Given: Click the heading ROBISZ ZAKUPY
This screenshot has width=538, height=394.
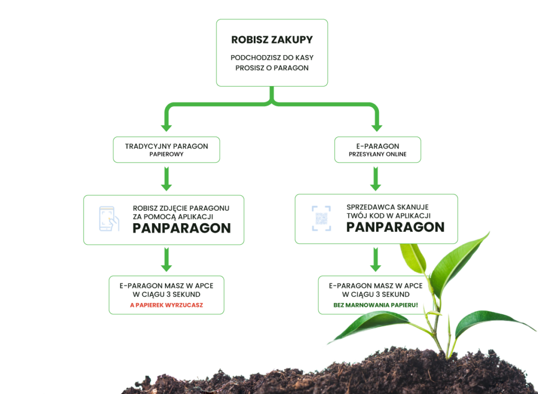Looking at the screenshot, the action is [x=272, y=40].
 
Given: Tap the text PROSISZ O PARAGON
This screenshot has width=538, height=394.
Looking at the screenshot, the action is [x=272, y=68].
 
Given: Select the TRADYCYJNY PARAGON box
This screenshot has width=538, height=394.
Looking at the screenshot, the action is [x=167, y=150].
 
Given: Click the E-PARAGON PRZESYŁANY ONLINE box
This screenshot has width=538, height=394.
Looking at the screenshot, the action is [x=377, y=150].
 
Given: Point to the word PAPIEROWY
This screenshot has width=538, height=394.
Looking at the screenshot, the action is [x=167, y=154].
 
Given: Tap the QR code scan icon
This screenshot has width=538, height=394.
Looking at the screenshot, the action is [x=322, y=219].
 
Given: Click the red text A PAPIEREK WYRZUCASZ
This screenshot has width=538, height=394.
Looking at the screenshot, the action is [x=167, y=305].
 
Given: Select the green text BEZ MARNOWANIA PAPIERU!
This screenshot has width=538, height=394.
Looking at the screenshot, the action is [x=376, y=305].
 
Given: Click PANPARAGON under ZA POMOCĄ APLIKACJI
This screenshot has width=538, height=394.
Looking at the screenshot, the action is [x=181, y=228].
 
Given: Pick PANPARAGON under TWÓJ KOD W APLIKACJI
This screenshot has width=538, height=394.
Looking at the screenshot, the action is [x=395, y=227].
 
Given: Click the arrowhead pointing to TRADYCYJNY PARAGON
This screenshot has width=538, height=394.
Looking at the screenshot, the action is [x=167, y=127].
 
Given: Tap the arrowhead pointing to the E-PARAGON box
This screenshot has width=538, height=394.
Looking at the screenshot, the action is [x=377, y=127].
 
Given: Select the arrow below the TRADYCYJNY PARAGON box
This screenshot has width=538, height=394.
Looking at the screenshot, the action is [x=167, y=179].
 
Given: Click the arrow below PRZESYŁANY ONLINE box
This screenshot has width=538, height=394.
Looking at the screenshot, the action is [x=376, y=179].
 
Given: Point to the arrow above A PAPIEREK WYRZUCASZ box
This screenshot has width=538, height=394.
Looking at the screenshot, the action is [x=167, y=260].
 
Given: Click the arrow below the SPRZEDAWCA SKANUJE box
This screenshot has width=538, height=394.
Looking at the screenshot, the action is [x=376, y=260].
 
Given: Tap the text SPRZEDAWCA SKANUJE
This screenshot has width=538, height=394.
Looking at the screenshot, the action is [x=387, y=208].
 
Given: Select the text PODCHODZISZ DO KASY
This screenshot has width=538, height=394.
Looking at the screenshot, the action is [x=272, y=58].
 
